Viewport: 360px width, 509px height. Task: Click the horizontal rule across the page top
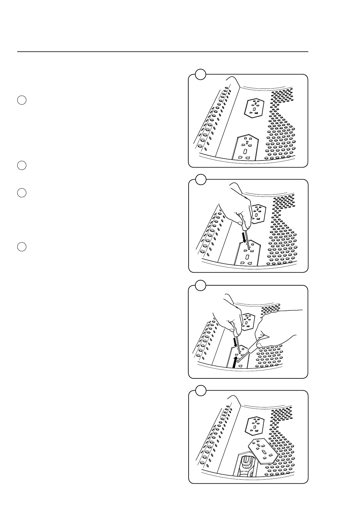tap(163, 52)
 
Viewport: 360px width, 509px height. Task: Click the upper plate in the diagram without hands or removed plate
tap(254, 108)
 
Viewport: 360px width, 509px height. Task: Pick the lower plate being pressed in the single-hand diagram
tap(248, 254)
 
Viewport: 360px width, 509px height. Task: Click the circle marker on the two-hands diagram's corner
tap(200, 285)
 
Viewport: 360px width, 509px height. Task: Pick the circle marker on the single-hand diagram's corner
tap(200, 179)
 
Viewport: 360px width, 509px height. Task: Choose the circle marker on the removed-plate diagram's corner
tap(200, 390)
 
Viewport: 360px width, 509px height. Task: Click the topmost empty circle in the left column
tap(21, 100)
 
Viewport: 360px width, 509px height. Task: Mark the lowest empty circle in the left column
tap(21, 247)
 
